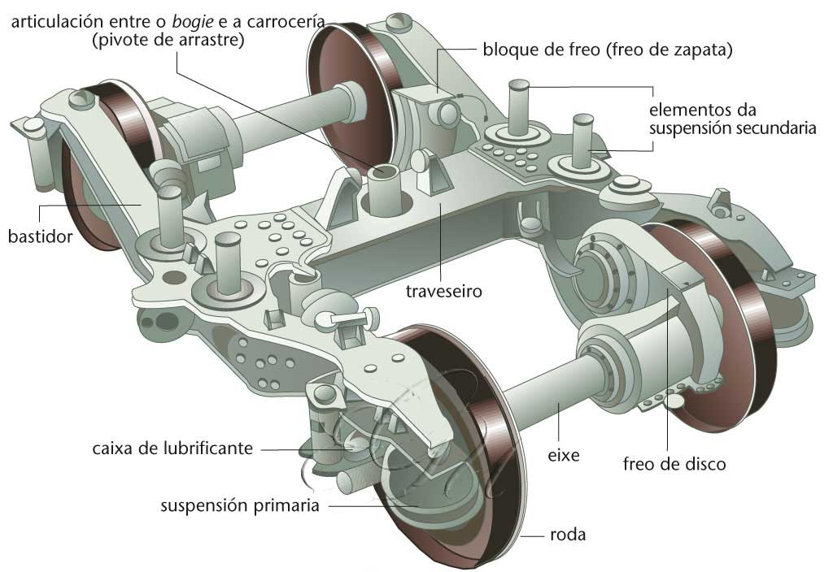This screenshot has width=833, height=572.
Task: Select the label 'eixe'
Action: point(563,455)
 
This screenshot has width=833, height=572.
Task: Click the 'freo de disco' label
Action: point(674,464)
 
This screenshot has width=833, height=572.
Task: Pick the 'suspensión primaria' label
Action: point(239,506)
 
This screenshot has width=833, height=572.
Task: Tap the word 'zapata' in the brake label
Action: point(704,50)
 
